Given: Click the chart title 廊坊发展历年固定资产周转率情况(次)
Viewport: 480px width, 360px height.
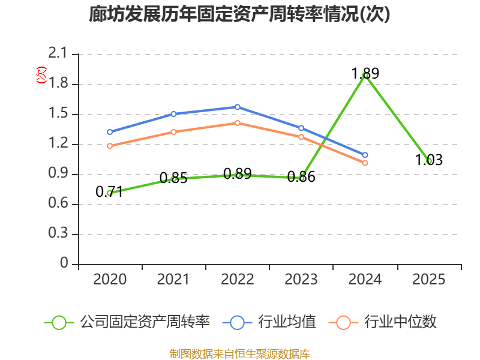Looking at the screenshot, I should tap(239, 14).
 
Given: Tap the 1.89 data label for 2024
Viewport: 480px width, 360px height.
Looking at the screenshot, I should tap(365, 74).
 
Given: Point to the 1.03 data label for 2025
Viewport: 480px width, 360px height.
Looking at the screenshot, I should tap(429, 160).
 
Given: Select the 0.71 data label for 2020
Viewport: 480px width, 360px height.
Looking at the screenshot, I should tap(110, 192).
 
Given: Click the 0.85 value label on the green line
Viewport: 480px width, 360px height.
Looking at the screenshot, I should tap(173, 178).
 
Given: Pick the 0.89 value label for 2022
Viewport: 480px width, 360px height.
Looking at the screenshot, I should tap(237, 174).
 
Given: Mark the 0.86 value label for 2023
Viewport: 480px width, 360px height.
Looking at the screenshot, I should tap(301, 177).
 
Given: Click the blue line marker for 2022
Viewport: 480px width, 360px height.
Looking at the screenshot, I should tap(238, 107).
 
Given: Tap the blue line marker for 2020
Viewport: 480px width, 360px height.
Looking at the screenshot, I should tap(110, 132).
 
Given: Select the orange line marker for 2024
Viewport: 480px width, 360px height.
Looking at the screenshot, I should tap(365, 163).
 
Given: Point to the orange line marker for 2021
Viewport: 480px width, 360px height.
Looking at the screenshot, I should tap(173, 132).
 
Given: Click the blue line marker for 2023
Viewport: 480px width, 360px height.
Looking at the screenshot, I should tap(301, 128).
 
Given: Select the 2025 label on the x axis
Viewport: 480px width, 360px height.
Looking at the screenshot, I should tap(429, 280).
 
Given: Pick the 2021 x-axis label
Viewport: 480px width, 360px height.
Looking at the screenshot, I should tap(173, 280).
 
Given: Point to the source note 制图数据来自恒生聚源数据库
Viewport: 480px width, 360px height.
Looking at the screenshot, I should tap(239, 353).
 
